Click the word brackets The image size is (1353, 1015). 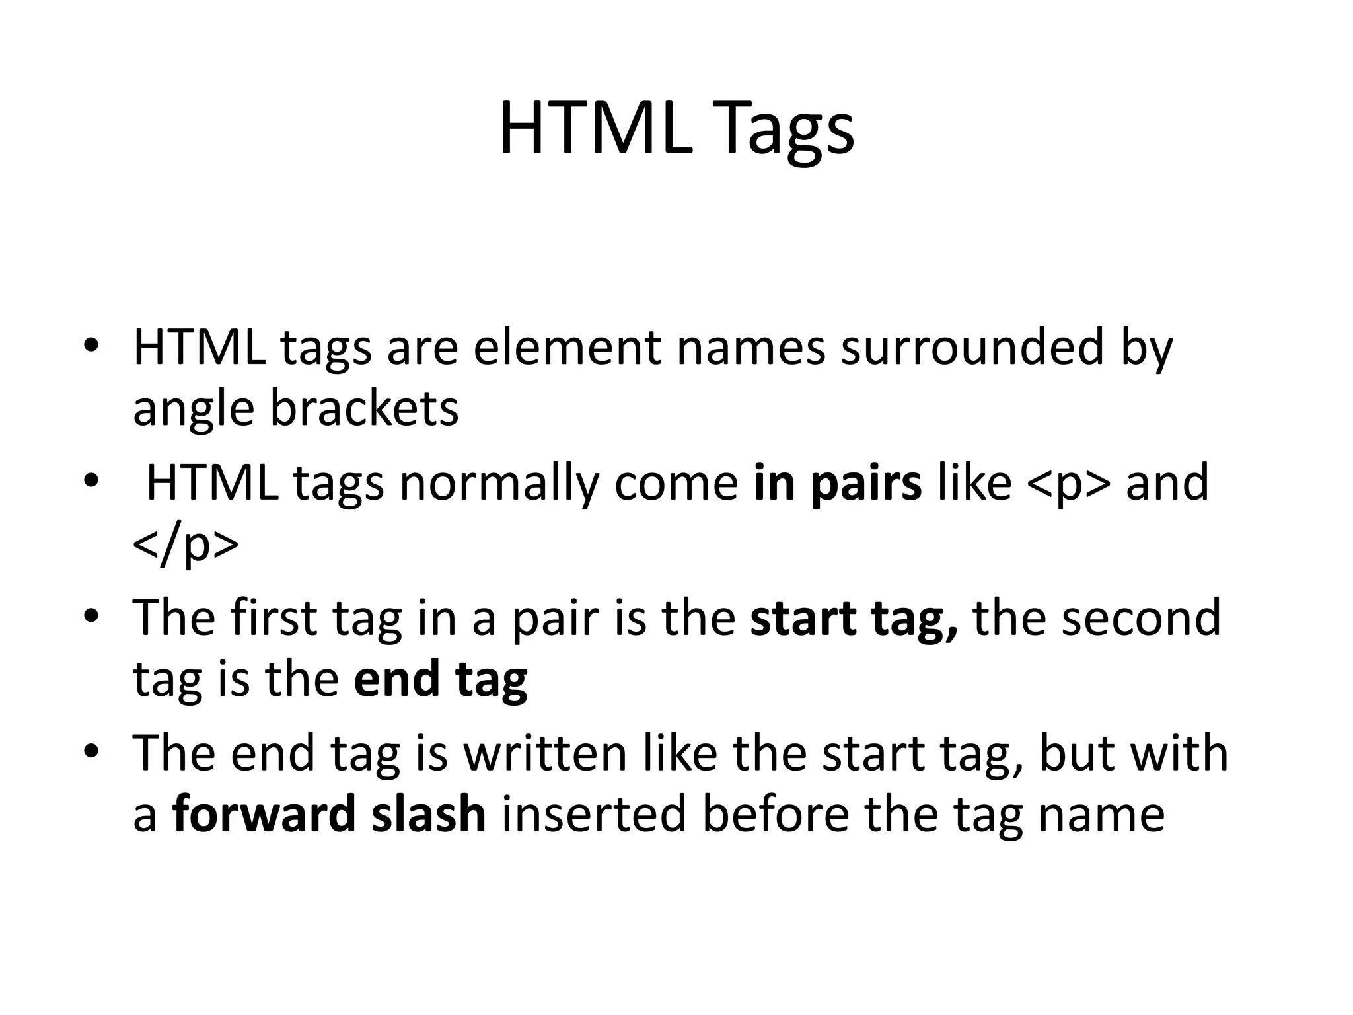point(364,408)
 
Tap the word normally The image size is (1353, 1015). point(502,483)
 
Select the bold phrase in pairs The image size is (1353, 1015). point(837,483)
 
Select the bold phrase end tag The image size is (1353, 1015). point(440,679)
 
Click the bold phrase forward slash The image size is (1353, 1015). point(329,814)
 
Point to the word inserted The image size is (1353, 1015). point(594,814)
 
